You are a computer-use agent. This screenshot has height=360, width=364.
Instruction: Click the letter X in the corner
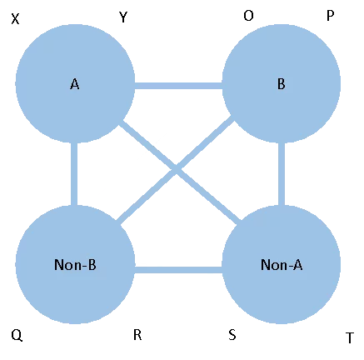(15, 19)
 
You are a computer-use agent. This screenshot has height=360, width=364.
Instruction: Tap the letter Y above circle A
(123, 17)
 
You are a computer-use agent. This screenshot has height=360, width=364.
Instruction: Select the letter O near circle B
(248, 16)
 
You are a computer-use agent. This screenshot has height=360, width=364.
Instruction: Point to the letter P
(330, 16)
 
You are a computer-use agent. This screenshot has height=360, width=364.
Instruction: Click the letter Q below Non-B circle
(17, 336)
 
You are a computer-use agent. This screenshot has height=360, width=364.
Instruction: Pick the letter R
(137, 335)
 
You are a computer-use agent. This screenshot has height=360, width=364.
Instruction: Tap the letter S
(232, 335)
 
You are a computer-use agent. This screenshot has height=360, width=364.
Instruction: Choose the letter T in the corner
(350, 337)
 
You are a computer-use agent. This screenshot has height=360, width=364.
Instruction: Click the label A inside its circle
(74, 84)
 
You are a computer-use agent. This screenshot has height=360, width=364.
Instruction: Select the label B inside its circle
(282, 84)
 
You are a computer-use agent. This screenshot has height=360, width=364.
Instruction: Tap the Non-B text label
(75, 265)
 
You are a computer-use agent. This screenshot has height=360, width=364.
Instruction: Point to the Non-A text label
(282, 265)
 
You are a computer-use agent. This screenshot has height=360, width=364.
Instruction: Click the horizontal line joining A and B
(178, 86)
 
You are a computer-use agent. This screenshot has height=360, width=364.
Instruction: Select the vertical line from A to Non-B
(74, 174)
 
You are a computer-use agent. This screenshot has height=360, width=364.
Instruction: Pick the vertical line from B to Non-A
(282, 174)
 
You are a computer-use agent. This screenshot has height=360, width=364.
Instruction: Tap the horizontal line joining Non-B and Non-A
(178, 270)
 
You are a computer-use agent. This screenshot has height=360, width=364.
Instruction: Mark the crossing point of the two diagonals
(176, 169)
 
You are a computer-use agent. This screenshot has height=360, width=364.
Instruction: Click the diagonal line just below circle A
(181, 172)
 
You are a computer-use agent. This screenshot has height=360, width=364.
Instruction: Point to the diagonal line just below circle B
(176, 170)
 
